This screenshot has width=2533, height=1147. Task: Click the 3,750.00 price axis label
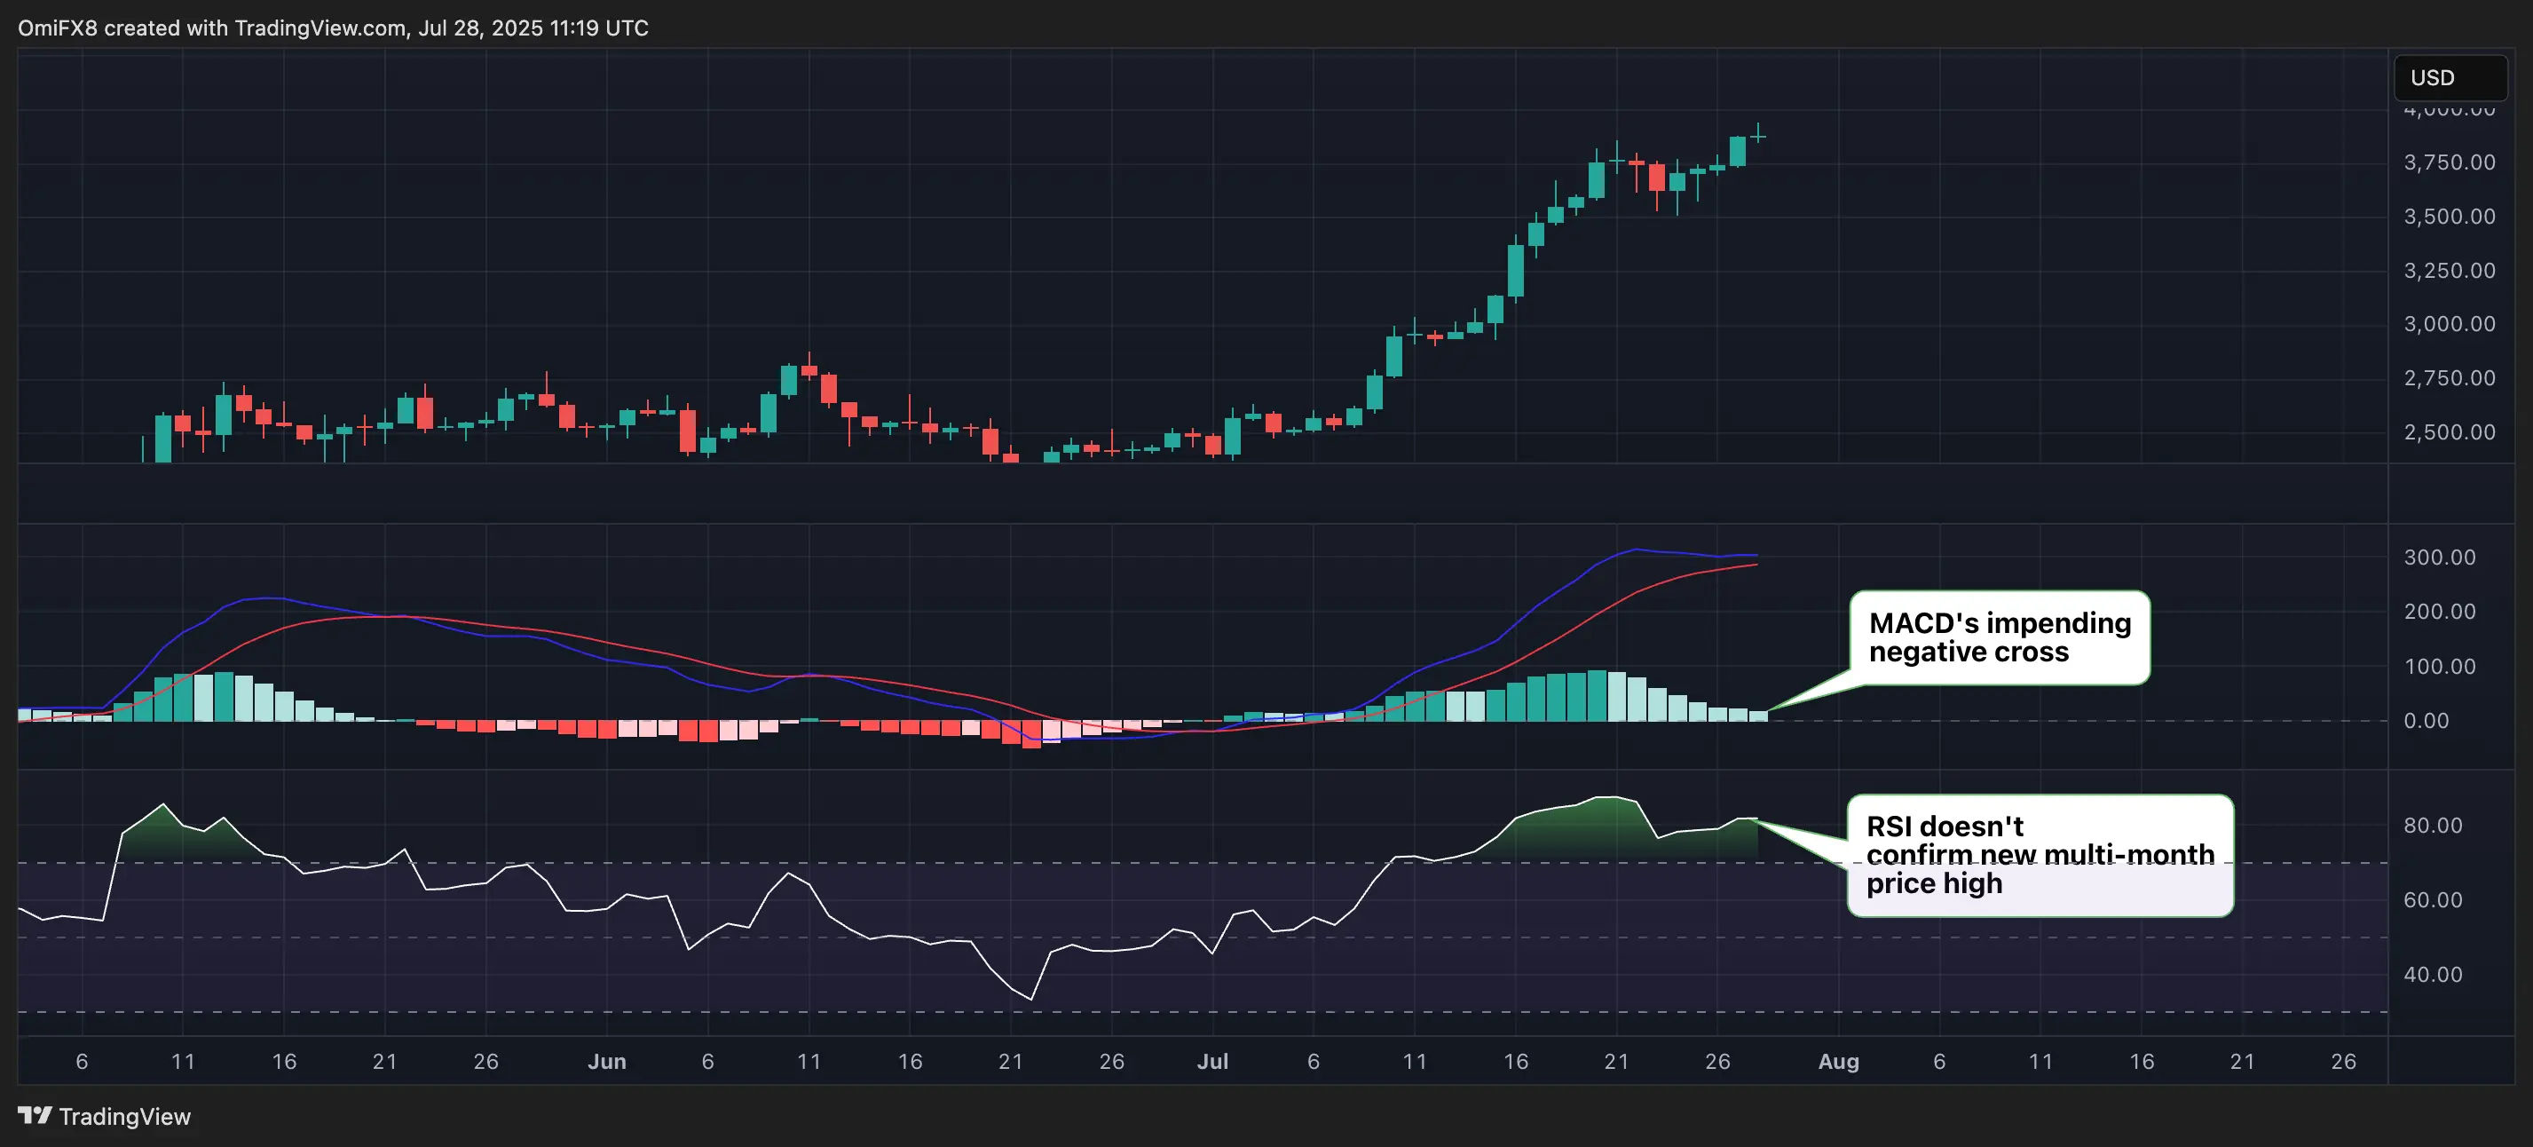point(2449,162)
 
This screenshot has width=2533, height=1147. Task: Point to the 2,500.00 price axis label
point(2449,431)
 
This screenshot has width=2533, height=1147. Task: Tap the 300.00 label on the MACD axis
point(2439,557)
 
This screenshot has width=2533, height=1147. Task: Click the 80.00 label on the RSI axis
point(2433,826)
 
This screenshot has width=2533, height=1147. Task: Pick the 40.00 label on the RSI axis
point(2433,974)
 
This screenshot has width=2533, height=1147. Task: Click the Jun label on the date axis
point(607,1062)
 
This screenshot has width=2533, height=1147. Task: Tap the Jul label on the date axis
point(1212,1062)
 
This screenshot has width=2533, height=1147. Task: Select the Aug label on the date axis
point(1838,1062)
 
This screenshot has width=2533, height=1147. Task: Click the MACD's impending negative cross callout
point(1999,637)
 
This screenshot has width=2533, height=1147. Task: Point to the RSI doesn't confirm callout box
point(2040,855)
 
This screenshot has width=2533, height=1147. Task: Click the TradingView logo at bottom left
point(104,1117)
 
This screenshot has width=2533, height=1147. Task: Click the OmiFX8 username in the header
point(57,28)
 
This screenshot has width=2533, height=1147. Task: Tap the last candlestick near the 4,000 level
point(1758,136)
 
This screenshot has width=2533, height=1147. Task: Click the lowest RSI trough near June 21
point(1030,999)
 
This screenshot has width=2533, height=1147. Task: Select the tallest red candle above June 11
point(829,389)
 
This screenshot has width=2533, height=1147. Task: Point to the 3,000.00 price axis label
point(2449,324)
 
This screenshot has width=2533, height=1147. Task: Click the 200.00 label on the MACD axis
point(2439,611)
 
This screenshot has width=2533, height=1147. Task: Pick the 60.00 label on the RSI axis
point(2433,900)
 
